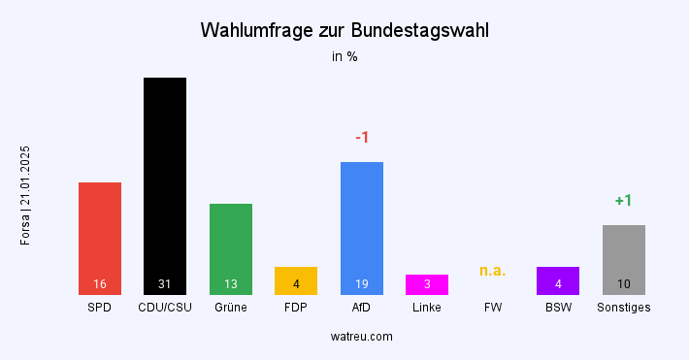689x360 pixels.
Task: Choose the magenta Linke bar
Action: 427,282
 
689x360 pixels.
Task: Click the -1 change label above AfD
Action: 362,138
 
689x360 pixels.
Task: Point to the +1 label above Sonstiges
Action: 624,201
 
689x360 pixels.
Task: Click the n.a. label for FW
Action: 493,271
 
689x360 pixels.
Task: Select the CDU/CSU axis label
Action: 165,308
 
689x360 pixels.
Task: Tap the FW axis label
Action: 493,308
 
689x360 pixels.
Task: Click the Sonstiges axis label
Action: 624,308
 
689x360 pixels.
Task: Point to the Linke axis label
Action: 427,308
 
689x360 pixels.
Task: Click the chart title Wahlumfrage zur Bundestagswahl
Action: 344,30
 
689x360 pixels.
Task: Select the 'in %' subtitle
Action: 344,56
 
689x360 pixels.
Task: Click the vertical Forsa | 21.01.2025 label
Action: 26,195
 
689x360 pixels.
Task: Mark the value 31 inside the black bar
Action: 165,284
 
